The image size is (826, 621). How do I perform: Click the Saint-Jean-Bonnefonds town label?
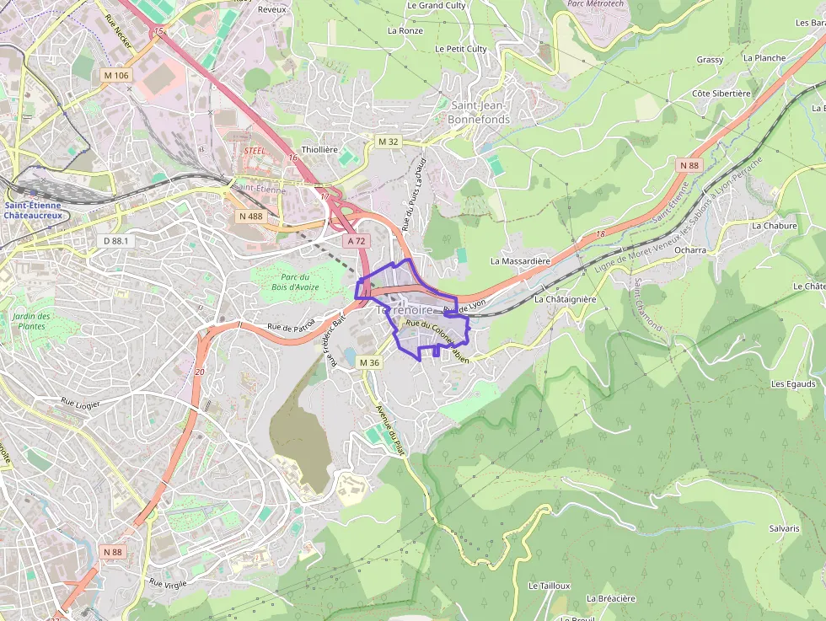coord(480,112)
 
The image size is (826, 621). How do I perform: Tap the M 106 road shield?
coord(116,75)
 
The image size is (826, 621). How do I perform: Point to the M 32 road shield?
coord(388,142)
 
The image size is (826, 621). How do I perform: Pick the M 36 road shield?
coord(369,362)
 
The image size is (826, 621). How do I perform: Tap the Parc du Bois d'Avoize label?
coord(295,282)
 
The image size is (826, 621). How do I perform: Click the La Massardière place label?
coord(520,261)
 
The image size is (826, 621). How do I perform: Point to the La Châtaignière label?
coord(565,299)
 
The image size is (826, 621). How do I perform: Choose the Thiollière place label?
coord(319,149)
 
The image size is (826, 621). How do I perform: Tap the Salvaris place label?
coord(784,528)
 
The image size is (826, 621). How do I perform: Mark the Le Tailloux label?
coord(550,586)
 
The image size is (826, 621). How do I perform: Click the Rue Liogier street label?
coord(81,404)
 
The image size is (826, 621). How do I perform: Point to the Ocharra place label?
coord(690,250)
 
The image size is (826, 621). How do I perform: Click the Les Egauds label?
coord(793,384)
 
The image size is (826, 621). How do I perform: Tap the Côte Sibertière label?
coord(721,94)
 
